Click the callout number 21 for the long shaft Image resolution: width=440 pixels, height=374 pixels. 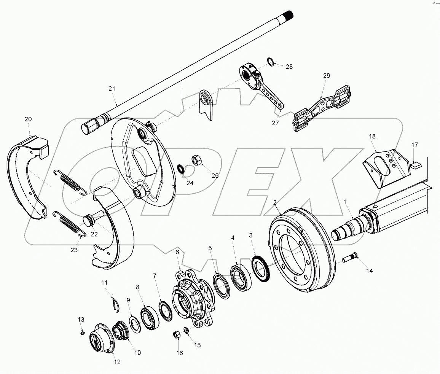tap(112, 89)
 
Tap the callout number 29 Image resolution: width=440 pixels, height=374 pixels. tap(327, 76)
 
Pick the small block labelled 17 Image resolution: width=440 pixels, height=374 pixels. tap(415, 165)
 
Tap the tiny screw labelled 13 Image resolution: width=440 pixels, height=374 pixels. tap(82, 333)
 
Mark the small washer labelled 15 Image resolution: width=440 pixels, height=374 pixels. tap(187, 330)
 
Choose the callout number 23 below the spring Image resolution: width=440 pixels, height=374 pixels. tap(74, 250)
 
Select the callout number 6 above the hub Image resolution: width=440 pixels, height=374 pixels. tap(177, 252)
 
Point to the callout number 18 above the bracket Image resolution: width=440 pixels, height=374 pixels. tap(372, 136)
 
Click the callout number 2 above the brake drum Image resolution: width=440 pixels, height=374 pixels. tap(275, 202)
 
